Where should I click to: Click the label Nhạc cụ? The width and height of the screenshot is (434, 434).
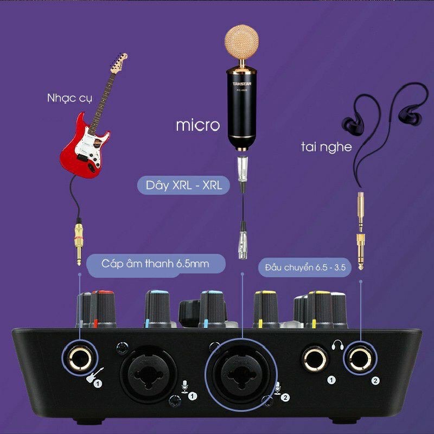[69, 98]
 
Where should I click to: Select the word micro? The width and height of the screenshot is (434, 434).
[197, 125]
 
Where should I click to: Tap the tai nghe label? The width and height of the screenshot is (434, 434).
[326, 146]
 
